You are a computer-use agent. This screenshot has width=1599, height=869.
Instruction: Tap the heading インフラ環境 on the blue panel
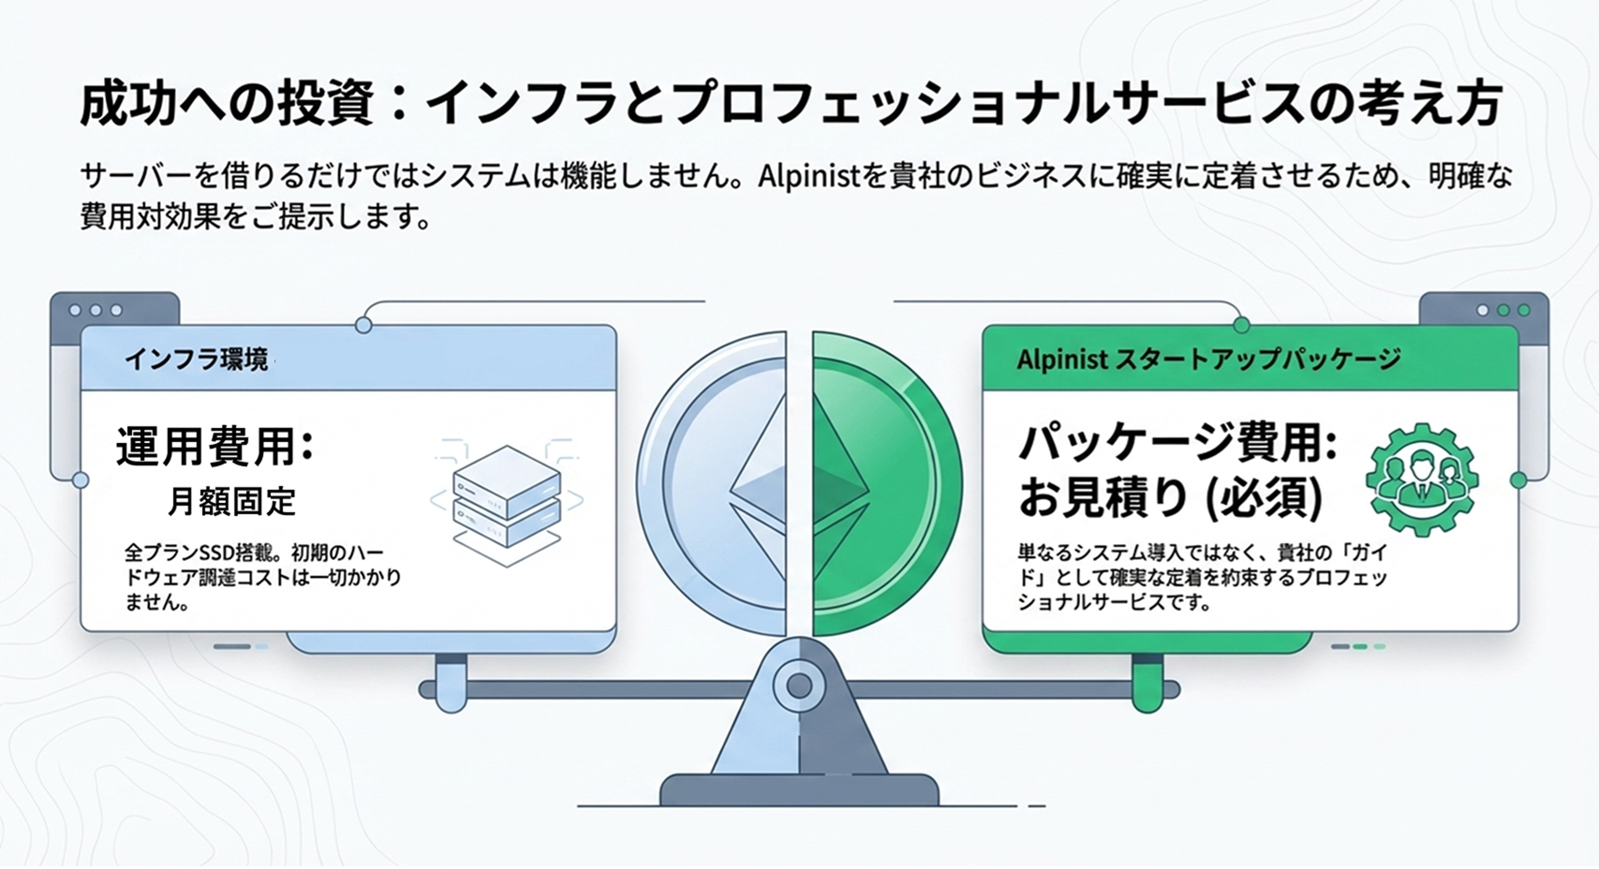(x=197, y=360)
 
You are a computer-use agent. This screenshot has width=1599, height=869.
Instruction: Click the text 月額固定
(x=231, y=501)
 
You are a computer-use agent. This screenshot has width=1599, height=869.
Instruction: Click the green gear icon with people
(x=1422, y=479)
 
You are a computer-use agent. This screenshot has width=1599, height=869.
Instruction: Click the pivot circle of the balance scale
(x=799, y=686)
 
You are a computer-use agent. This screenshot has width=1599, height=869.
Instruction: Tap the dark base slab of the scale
(x=799, y=789)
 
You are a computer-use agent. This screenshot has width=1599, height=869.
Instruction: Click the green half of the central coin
(x=886, y=484)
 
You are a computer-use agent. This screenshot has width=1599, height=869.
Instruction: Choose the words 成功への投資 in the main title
(x=227, y=105)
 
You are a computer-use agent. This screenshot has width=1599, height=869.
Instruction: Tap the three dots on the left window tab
(x=95, y=310)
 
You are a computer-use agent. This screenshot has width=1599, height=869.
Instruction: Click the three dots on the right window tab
(x=1503, y=310)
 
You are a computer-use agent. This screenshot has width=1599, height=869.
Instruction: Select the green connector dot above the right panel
(x=1241, y=325)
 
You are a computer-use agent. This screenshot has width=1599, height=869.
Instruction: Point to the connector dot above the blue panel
(x=363, y=325)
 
